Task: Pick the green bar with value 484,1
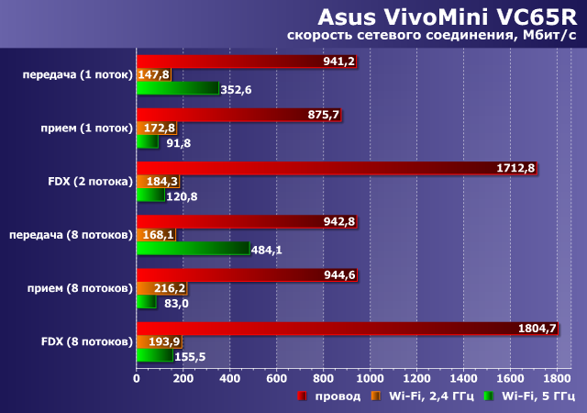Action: [x=193, y=249]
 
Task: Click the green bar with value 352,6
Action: [x=177, y=89]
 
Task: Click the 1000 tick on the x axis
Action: [x=370, y=377]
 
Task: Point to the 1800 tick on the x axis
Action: [x=557, y=377]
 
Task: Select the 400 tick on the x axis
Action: [x=229, y=377]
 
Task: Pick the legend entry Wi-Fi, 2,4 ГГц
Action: [x=418, y=396]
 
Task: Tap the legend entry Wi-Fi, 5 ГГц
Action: [x=526, y=396]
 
